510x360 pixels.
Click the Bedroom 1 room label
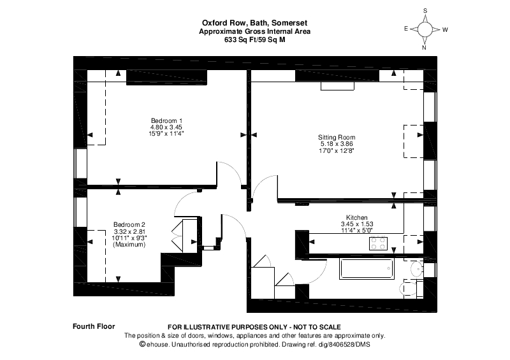pos(166,121)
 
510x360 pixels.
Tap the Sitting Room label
pos(337,137)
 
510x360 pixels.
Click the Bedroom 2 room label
pos(129,224)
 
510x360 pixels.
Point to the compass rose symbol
pos(425,29)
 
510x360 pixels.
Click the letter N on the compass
pos(425,47)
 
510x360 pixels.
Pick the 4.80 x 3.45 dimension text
pos(166,127)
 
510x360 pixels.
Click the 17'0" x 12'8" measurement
pos(337,151)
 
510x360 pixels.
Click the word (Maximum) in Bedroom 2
pos(129,245)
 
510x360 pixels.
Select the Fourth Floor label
pos(94,326)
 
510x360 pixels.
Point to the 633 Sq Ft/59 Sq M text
pos(254,39)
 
